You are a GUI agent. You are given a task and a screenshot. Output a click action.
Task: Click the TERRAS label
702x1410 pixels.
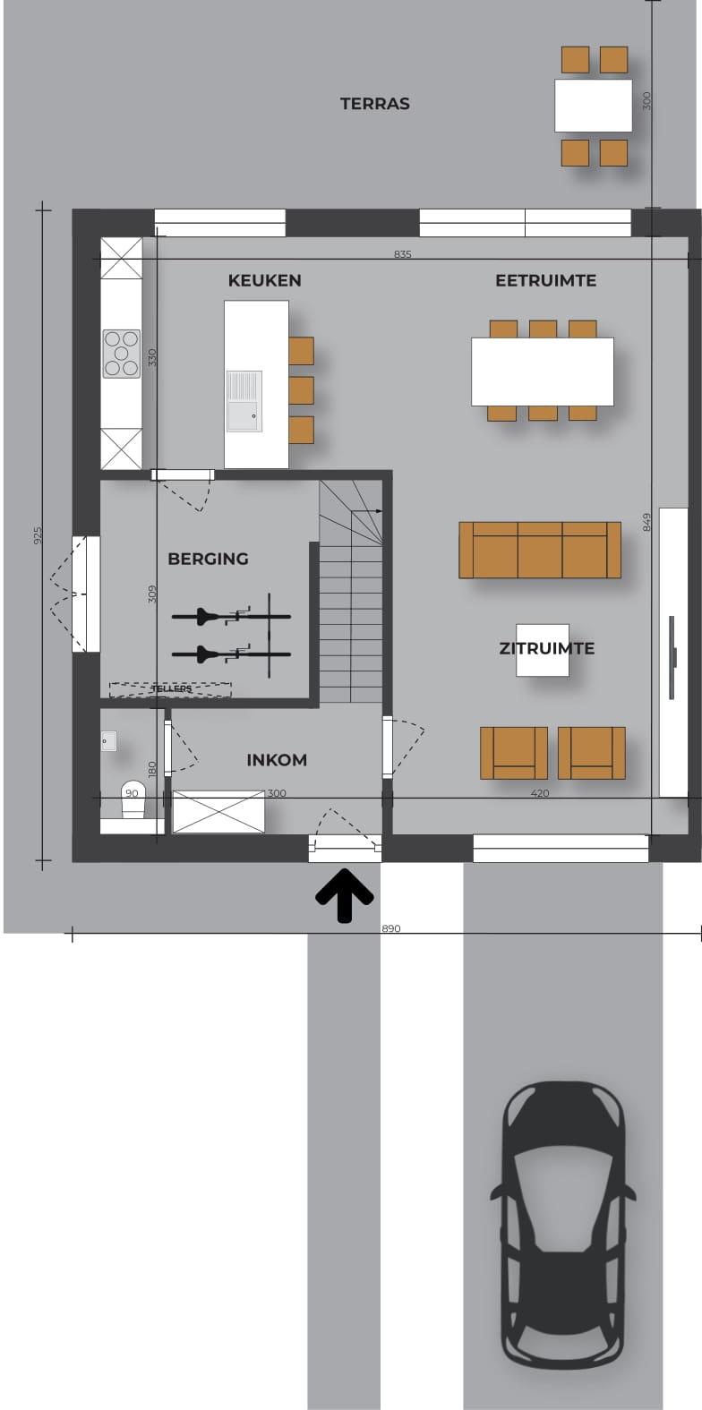click(x=374, y=104)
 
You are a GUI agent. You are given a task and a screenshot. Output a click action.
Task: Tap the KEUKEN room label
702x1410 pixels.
click(x=264, y=281)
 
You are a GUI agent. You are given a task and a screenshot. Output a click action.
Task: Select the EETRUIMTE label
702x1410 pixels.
click(x=546, y=281)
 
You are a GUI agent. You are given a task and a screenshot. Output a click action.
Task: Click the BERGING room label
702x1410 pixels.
click(x=208, y=559)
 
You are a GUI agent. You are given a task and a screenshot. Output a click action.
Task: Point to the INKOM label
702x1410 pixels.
click(x=277, y=760)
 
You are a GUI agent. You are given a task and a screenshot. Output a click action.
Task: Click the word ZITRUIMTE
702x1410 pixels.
click(x=546, y=649)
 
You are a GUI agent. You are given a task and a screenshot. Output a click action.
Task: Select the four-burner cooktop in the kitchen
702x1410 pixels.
click(x=122, y=354)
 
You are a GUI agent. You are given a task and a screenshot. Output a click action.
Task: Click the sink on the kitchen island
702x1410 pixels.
click(x=244, y=402)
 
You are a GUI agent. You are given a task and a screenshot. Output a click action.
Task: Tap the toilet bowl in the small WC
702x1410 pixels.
click(x=133, y=799)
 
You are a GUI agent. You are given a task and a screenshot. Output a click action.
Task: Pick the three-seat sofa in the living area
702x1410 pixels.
click(x=540, y=550)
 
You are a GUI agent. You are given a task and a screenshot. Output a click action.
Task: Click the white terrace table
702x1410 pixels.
click(x=593, y=105)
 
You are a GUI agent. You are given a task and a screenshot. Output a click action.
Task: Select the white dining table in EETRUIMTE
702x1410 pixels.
click(x=543, y=372)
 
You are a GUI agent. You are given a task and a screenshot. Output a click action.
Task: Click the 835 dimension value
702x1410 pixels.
click(x=402, y=254)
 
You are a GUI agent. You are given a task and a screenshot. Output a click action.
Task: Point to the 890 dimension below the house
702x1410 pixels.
click(x=391, y=928)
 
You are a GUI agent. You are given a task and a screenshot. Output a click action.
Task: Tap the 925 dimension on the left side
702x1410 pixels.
click(x=39, y=535)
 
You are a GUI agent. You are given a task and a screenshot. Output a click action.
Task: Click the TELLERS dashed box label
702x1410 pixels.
click(x=171, y=689)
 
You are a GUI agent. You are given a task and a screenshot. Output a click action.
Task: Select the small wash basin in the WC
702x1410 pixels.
click(x=109, y=741)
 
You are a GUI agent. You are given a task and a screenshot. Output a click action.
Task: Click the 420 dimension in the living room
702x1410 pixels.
click(x=540, y=793)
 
